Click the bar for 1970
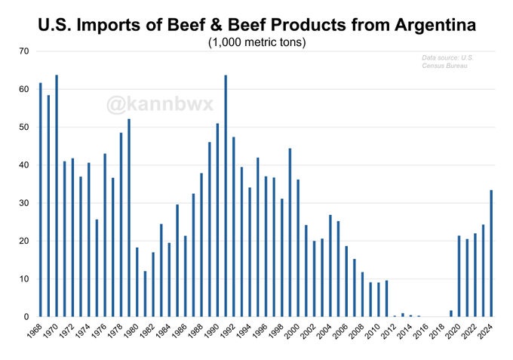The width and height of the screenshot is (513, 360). click(x=57, y=196)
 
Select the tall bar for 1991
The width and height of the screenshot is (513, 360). click(x=226, y=196)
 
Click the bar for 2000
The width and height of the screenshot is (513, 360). click(x=298, y=248)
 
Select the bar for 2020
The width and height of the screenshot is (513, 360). click(x=459, y=276)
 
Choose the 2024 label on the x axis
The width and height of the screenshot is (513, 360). click(x=486, y=333)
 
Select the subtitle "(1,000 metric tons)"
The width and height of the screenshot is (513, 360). click(x=256, y=42)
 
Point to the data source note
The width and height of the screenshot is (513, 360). click(x=445, y=62)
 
